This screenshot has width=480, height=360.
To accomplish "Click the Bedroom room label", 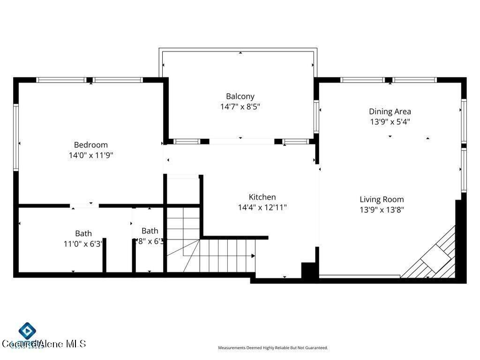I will point(90,145).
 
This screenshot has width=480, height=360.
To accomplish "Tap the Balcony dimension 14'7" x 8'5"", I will point(240,106).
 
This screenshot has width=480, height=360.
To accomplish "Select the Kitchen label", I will point(262,197).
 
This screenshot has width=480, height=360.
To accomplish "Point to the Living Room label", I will point(382,199).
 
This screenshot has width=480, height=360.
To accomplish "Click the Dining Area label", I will point(390,112).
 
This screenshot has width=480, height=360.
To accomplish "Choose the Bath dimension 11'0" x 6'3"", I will point(83,244).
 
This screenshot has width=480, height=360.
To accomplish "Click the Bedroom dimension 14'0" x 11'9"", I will point(90,156).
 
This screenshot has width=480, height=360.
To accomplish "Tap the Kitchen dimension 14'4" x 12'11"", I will point(262,207).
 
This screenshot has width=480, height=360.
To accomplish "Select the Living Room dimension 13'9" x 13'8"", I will point(382,210).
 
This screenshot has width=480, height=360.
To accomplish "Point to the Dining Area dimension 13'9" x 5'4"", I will point(390,122).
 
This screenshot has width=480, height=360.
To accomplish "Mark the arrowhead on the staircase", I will point(253,256).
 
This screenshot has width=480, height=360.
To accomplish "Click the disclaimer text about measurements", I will point(273,348).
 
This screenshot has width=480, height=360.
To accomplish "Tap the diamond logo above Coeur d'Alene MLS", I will point(28,330).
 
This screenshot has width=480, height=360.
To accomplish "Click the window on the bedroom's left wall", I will point(15,137).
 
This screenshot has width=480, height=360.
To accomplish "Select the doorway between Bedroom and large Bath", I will point(84,206).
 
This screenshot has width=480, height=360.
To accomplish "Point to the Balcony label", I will point(240,97).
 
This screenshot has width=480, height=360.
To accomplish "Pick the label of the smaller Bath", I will point(150,231).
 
